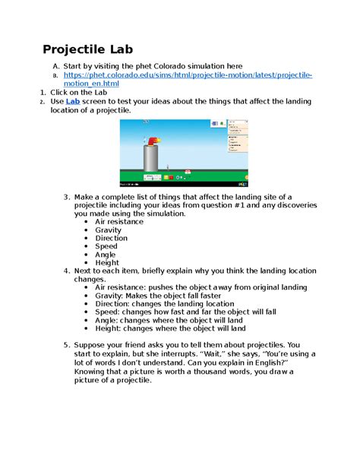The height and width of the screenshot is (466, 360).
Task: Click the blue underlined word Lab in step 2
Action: (x=73, y=100)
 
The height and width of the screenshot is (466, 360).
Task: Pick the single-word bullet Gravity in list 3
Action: (x=108, y=230)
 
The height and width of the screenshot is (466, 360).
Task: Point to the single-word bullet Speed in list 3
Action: (x=106, y=246)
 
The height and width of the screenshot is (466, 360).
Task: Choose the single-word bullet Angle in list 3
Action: (x=106, y=255)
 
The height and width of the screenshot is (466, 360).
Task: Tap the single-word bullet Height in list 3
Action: (x=107, y=263)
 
